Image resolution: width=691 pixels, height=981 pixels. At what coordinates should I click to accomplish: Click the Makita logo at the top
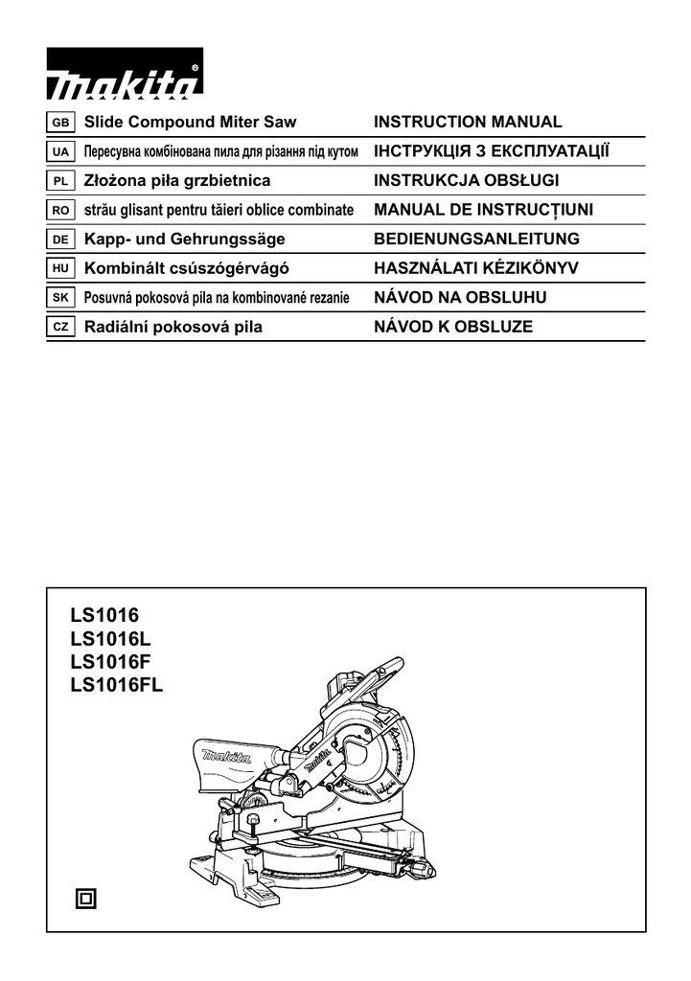pos(125,81)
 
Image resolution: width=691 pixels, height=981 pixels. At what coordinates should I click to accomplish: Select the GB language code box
pos(59,123)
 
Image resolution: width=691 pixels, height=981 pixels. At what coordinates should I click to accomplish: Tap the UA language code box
pos(59,152)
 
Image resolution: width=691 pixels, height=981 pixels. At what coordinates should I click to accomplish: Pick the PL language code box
pos(59,181)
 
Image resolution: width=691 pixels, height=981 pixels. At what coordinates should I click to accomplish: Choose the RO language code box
pos(59,210)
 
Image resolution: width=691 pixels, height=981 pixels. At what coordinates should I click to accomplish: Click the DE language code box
pos(59,240)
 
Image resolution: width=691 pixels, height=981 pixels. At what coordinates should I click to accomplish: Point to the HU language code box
pos(59,269)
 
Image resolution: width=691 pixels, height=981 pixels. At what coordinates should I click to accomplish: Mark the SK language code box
pos(59,298)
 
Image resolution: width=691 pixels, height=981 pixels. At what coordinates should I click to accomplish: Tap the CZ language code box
pos(59,328)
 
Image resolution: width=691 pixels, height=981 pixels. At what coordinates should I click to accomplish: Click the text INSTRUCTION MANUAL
pos(468,123)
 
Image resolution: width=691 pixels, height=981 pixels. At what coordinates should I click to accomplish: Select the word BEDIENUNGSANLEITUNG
pos(477,240)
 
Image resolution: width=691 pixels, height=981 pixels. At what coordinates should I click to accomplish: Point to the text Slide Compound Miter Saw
pos(191,123)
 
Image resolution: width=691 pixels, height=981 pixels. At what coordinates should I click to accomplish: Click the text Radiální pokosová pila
pos(173,328)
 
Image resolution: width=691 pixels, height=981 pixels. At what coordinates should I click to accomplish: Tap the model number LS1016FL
pos(117,684)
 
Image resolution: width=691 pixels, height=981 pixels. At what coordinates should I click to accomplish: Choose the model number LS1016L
pos(110,636)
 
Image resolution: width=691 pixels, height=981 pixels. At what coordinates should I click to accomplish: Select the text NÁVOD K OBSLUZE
pos(452,328)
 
